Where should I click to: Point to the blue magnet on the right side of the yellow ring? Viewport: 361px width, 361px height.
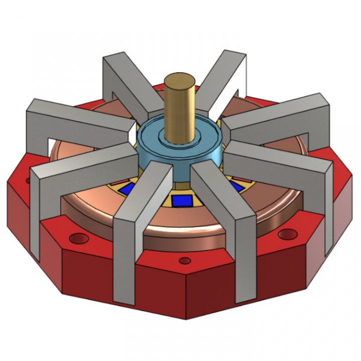236,186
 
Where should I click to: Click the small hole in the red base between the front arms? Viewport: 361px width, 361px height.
185,261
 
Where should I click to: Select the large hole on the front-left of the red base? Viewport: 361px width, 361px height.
78,237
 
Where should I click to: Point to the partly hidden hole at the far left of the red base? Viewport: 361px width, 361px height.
29,180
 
